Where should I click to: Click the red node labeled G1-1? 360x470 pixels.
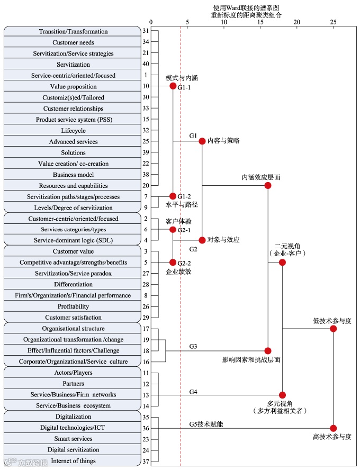[x=173, y=86]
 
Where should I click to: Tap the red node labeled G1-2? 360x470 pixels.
[x=173, y=196]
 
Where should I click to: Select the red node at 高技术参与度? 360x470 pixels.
[x=333, y=428]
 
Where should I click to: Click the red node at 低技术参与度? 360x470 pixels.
[x=333, y=329]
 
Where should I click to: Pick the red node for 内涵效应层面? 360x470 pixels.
[x=268, y=185]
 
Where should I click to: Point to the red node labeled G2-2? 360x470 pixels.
[x=173, y=262]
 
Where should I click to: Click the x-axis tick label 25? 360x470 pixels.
[x=333, y=22]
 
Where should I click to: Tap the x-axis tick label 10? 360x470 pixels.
[x=224, y=22]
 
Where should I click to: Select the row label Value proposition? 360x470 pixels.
[x=73, y=86]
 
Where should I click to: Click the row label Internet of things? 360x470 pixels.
[x=73, y=461]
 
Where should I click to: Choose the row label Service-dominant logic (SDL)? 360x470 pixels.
[x=73, y=241]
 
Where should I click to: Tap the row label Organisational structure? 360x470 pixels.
[x=73, y=329]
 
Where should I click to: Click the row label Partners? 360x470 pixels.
[x=73, y=384]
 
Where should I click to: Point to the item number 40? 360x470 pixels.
[x=146, y=65]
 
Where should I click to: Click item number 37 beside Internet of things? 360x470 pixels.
[x=146, y=461]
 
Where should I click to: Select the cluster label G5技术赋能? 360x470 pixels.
[x=206, y=424]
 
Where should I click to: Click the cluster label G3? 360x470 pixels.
[x=193, y=346]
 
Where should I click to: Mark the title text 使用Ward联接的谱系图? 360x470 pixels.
[x=246, y=8]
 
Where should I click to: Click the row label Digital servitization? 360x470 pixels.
[x=73, y=450]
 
